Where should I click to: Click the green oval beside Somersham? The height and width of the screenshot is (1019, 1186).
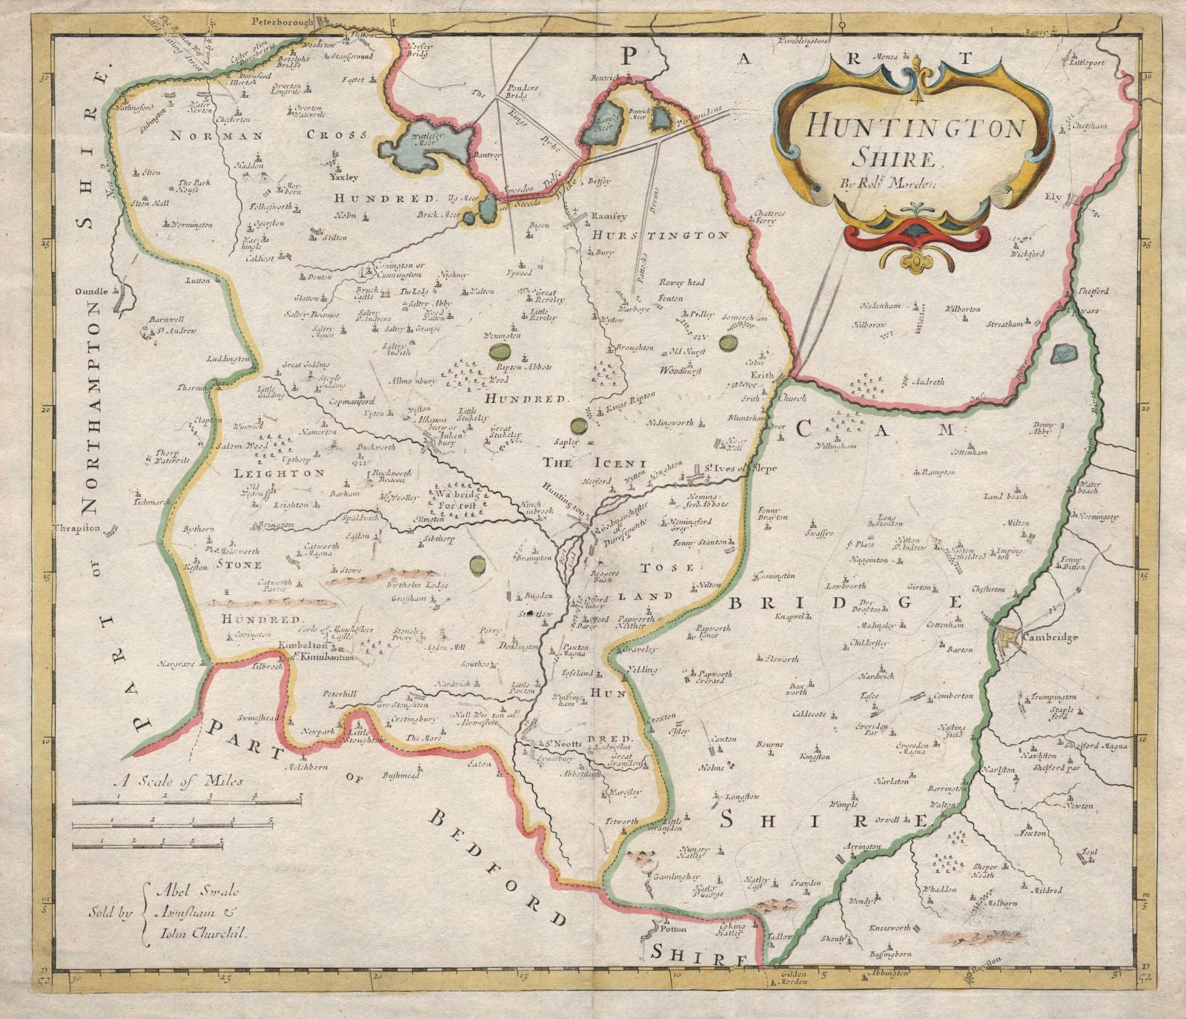click(729, 343)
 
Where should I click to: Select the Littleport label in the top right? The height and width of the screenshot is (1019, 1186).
click(1087, 64)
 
